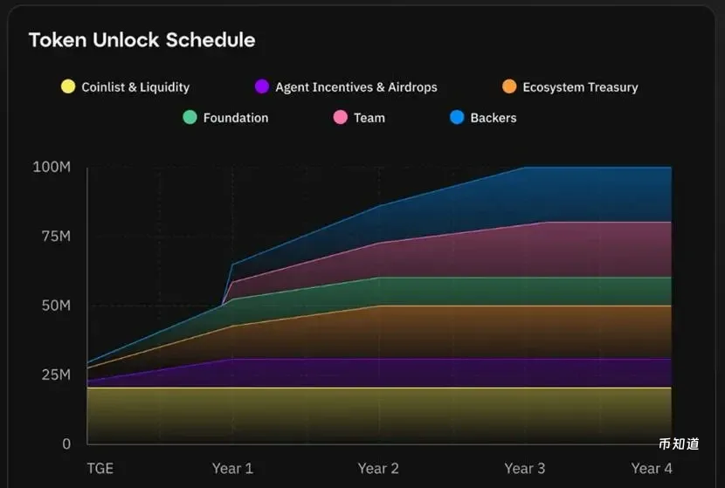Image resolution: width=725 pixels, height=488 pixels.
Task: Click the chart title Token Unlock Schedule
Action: point(142,40)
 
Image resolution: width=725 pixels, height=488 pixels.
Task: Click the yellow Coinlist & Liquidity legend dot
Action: point(67,86)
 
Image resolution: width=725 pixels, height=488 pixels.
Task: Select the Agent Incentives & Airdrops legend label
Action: point(356,87)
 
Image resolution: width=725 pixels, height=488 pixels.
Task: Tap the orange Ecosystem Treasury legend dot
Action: point(509,86)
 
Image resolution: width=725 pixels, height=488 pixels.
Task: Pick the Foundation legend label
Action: point(235,118)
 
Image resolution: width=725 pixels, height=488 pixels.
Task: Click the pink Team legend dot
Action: point(340,117)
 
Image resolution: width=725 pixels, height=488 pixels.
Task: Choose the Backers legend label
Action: point(493,118)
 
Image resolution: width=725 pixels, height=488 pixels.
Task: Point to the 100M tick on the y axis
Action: point(52,167)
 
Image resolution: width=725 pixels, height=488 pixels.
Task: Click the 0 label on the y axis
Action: point(66,443)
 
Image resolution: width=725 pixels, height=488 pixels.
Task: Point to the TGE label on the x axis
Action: point(100,469)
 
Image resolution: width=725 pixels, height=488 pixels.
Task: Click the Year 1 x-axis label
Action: point(232,469)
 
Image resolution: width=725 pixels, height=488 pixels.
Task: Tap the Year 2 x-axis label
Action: point(378,469)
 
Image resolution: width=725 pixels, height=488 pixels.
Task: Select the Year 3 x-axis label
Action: point(524,469)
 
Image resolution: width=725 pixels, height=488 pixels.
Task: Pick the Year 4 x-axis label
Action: point(652,469)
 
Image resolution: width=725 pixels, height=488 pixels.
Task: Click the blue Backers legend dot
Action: point(457,117)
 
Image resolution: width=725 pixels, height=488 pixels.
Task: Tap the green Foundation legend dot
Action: point(190,117)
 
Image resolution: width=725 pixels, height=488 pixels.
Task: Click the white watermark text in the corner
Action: point(679,444)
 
